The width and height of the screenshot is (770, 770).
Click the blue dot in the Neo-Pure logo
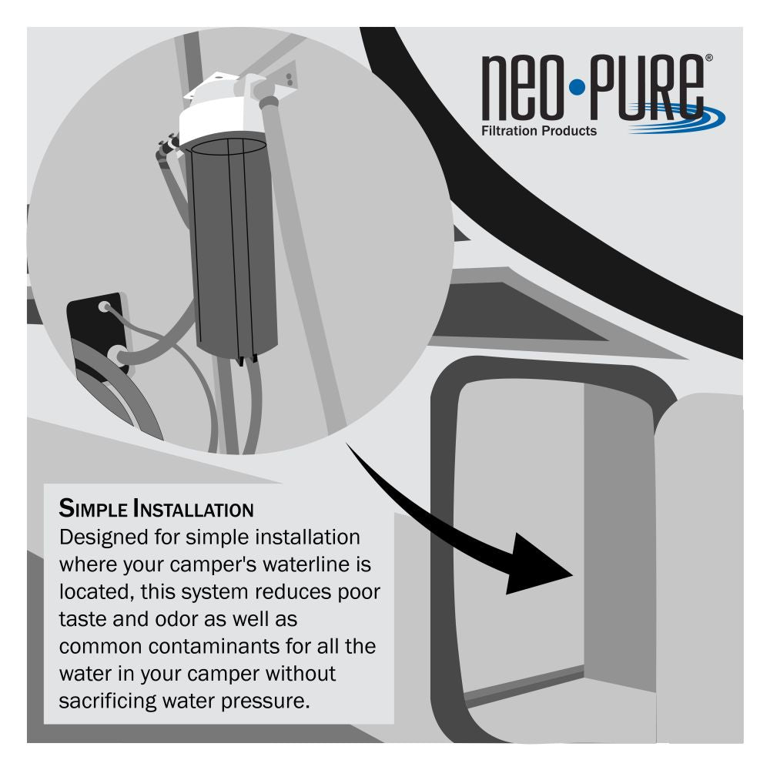coord(577,88)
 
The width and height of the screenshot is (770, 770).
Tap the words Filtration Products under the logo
coord(539,131)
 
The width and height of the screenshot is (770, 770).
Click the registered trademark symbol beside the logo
coord(708,58)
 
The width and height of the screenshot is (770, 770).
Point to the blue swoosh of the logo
coord(678,118)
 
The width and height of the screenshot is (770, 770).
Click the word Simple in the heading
coord(93,508)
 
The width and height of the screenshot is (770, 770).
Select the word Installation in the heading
coord(193,508)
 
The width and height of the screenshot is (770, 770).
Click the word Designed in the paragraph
coord(103,538)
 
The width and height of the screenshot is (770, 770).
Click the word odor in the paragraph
coord(176,619)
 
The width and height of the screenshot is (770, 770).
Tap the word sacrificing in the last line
coord(107,701)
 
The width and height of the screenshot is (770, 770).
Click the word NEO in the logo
coord(521,88)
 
